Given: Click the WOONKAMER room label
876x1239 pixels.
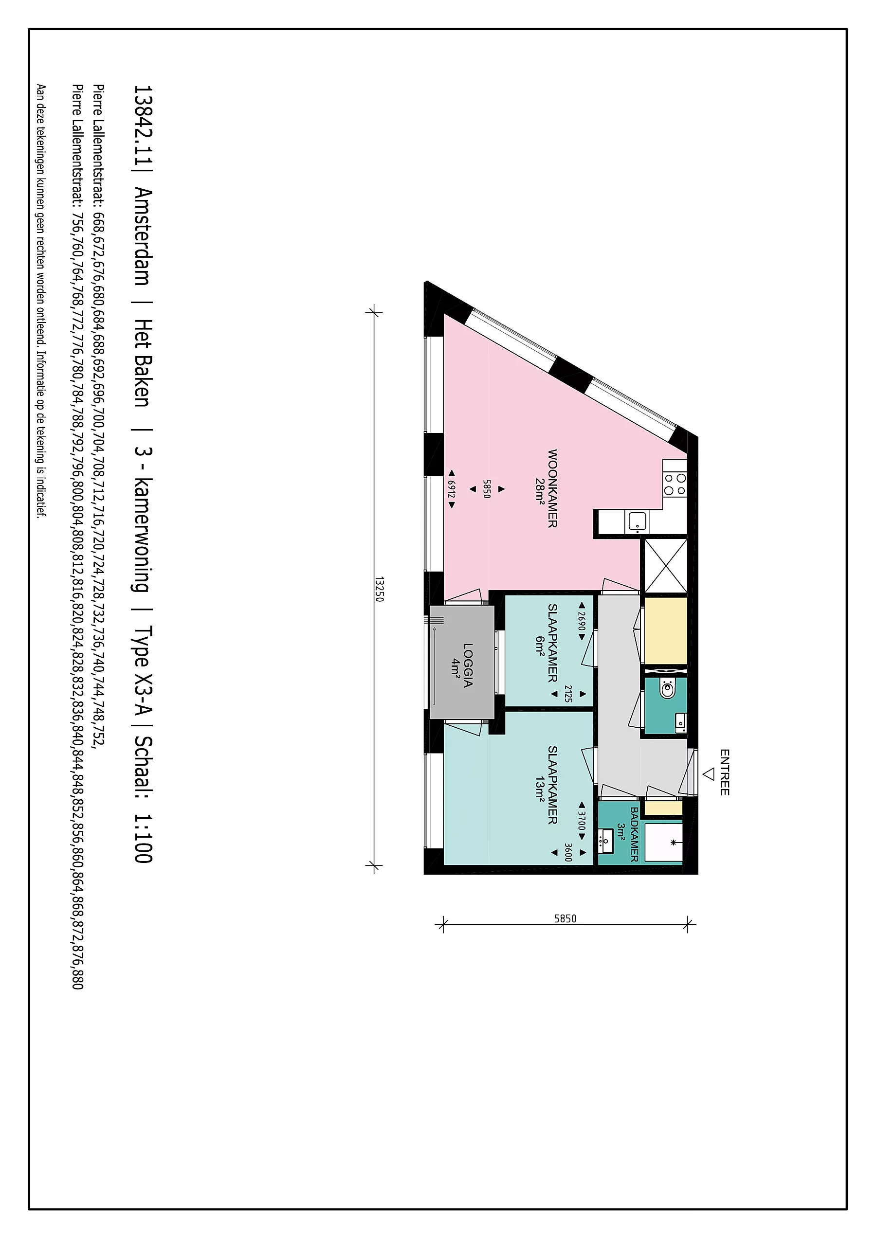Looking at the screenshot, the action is (x=552, y=488).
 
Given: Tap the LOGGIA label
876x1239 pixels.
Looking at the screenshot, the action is (x=468, y=665).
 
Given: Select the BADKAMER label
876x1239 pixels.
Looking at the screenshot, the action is (x=634, y=834).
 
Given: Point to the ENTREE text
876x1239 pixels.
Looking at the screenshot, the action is (x=724, y=772).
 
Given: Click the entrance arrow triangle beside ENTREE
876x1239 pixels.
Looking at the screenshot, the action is (x=708, y=774).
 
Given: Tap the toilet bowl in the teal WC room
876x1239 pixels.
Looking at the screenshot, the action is (x=668, y=689).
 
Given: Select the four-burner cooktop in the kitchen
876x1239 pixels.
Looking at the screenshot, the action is (x=675, y=484).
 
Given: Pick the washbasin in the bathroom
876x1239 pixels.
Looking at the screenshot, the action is (x=607, y=843).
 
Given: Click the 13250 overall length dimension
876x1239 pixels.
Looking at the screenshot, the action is (x=379, y=589).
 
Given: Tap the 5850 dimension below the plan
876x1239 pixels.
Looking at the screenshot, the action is (x=565, y=918).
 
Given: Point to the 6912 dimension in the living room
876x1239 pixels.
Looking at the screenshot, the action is (x=452, y=489).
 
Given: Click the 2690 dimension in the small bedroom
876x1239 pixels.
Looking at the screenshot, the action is (x=581, y=621).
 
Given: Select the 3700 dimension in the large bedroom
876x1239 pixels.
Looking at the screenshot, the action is (x=581, y=821).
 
